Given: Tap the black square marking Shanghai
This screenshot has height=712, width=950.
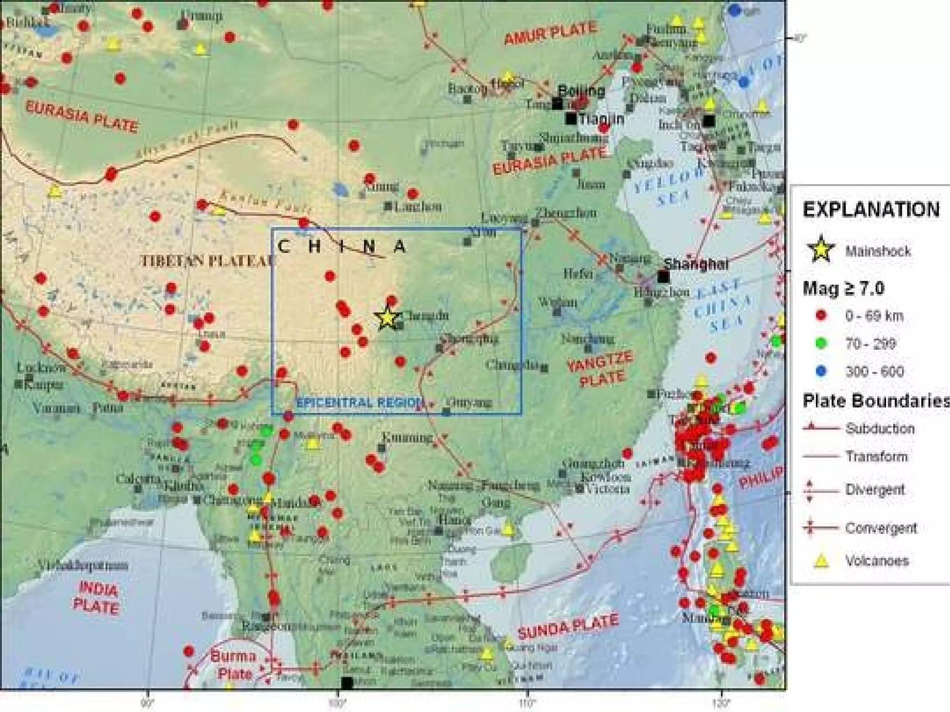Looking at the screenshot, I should [663, 277].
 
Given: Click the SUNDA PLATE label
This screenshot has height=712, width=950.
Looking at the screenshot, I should [568, 626].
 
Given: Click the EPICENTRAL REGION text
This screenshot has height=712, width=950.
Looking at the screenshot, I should [360, 402].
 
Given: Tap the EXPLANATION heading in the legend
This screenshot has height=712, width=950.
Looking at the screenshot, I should [871, 210].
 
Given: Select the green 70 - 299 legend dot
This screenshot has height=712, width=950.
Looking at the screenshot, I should [821, 344].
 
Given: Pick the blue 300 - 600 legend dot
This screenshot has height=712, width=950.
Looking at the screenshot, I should [821, 371].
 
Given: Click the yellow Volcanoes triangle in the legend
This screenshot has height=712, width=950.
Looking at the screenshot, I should [821, 561].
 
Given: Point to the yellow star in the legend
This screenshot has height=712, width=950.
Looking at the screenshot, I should [821, 250].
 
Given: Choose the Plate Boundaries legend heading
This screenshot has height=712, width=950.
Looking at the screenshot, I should [876, 401].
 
